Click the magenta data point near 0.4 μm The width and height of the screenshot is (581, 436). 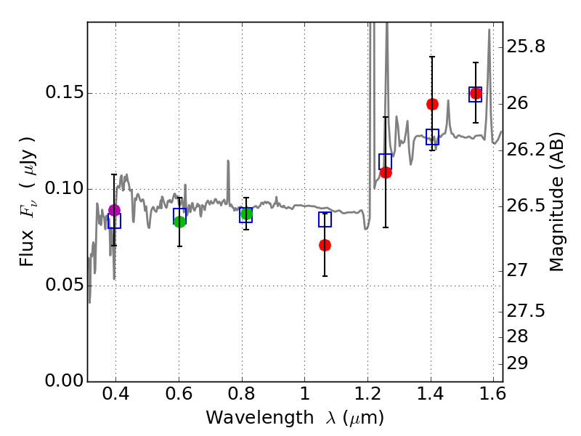114,210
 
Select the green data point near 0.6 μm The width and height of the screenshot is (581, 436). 179,222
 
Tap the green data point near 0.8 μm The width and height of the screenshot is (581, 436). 246,214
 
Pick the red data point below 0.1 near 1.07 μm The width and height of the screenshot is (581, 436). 325,245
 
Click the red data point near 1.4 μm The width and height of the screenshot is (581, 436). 432,104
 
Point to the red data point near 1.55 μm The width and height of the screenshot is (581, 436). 476,93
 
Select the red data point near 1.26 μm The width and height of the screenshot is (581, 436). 386,172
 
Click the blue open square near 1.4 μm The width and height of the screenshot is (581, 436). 432,137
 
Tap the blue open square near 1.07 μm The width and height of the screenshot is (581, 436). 325,219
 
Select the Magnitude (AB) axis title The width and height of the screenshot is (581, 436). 558,201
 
